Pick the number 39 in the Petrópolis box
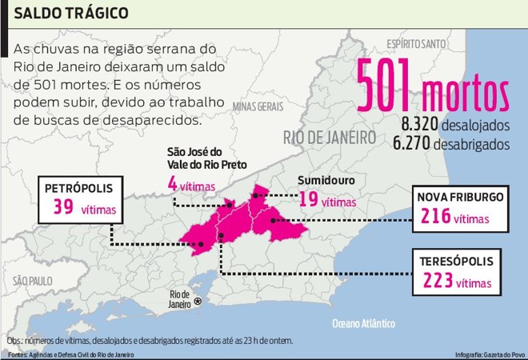(63, 208)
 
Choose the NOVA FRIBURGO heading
(459, 196)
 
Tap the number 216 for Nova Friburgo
(435, 216)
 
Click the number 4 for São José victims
(171, 183)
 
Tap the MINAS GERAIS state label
(258, 106)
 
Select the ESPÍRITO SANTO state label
(415, 42)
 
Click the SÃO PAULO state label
(31, 281)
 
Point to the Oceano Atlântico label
(363, 324)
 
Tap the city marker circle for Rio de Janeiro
(198, 301)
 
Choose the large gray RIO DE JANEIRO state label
(329, 138)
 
